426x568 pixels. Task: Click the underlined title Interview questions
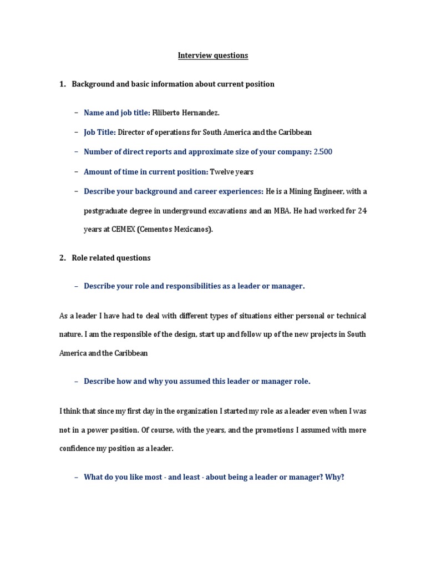[213, 55]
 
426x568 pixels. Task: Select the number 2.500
[323, 152]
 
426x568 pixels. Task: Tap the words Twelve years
[232, 172]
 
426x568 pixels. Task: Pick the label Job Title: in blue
[100, 133]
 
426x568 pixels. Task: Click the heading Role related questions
[111, 258]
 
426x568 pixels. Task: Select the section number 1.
[62, 84]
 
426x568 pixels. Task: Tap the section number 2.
[62, 258]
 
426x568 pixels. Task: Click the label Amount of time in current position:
[146, 172]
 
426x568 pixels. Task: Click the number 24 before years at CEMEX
[362, 211]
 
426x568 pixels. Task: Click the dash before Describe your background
[76, 191]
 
